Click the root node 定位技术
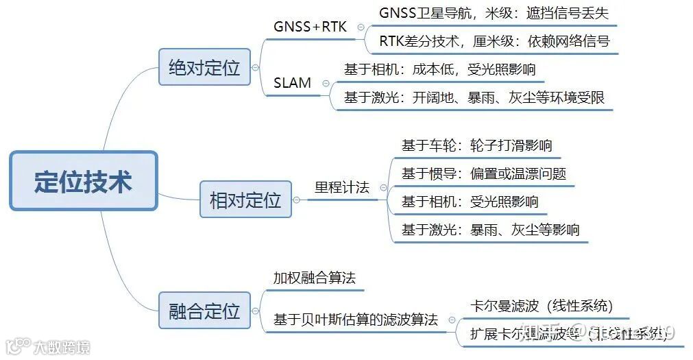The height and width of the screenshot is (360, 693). pos(84,181)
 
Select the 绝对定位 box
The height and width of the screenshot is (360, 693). pos(204,67)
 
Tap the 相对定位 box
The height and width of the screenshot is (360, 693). pos(245,200)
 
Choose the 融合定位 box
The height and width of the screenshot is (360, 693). pos(204,312)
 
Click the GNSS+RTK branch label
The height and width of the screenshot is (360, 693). pos(311,27)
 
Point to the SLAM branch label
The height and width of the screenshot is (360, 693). pos(293,83)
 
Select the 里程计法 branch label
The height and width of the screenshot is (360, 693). pos(342,187)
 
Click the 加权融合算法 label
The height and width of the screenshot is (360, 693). pos(315,278)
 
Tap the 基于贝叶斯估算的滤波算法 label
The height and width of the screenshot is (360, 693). pos(356,320)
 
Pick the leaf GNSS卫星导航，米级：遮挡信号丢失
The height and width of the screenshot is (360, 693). pos(494,13)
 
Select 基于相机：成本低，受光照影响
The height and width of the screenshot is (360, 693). pos(439,69)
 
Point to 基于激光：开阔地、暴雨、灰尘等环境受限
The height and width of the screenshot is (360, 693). pos(474,97)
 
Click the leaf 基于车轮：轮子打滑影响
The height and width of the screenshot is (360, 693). pos(477,145)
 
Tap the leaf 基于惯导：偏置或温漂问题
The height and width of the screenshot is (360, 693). pos(484,173)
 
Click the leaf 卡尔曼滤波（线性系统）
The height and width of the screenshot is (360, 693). pos(542,306)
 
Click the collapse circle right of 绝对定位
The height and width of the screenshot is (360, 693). pos(256,68)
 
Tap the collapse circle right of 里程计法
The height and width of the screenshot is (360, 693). pos(383,188)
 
